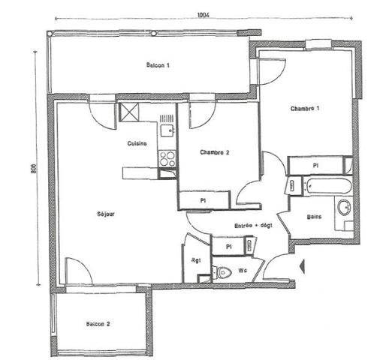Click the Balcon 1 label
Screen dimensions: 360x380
pos(158,66)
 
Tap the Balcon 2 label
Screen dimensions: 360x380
pos(98,324)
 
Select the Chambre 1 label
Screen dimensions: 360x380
pos(305,109)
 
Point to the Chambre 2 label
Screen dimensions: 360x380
pos(215,152)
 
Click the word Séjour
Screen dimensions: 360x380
pos(106,214)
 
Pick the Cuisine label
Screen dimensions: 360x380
pos(137,143)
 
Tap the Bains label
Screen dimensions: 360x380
pos(315,218)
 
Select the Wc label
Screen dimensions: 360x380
pos(243,270)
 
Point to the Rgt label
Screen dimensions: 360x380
pos(196,261)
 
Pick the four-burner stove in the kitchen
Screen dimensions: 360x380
pos(167,158)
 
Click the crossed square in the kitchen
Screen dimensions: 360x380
pos(130,113)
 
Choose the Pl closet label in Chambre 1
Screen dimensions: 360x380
pos(315,164)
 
